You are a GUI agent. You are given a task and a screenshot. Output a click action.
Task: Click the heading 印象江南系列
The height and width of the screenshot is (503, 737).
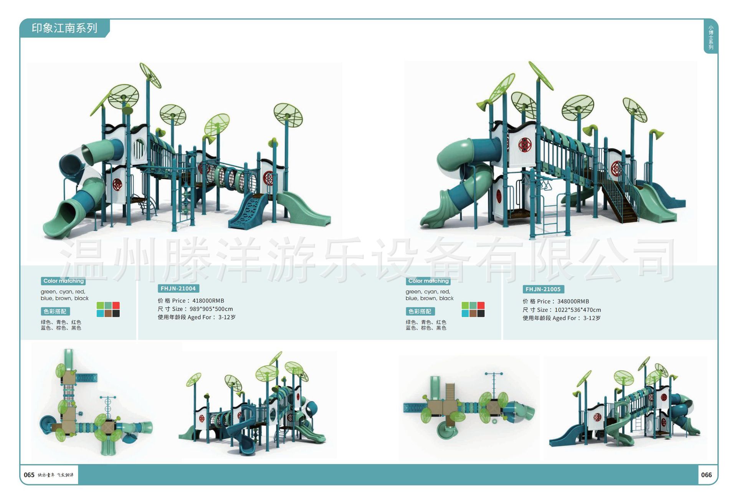click(x=64, y=28)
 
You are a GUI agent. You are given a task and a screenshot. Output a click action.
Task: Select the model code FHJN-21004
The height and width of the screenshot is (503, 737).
click(x=178, y=288)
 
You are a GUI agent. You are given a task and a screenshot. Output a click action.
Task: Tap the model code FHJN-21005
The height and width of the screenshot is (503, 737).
click(x=543, y=289)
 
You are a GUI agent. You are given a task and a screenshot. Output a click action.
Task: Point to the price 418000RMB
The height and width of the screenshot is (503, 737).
click(x=208, y=301)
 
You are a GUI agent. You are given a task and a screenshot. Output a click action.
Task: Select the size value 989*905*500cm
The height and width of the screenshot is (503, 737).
click(x=211, y=309)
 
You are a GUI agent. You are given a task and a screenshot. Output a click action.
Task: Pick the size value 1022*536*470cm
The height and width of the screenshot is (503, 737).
click(x=578, y=310)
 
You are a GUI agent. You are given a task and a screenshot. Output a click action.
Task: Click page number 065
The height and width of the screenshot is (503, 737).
click(x=29, y=475)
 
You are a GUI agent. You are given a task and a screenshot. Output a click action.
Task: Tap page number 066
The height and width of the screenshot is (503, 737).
click(x=706, y=475)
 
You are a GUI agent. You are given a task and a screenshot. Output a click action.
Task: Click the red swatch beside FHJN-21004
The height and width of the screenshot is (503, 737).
click(x=116, y=306)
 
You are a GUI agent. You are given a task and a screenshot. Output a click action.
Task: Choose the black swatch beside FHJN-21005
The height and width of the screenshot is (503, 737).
click(x=481, y=313)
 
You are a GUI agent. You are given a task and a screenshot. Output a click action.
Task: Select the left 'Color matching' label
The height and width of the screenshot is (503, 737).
click(x=63, y=281)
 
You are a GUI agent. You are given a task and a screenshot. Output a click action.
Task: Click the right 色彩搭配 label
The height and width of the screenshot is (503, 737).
click(x=420, y=311)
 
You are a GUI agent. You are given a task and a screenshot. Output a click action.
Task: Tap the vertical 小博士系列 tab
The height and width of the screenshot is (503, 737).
click(x=711, y=37)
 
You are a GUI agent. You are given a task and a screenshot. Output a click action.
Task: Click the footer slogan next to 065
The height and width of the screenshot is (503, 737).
click(x=56, y=475)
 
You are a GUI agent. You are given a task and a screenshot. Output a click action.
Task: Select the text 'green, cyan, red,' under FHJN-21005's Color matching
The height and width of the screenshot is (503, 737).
click(x=428, y=292)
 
